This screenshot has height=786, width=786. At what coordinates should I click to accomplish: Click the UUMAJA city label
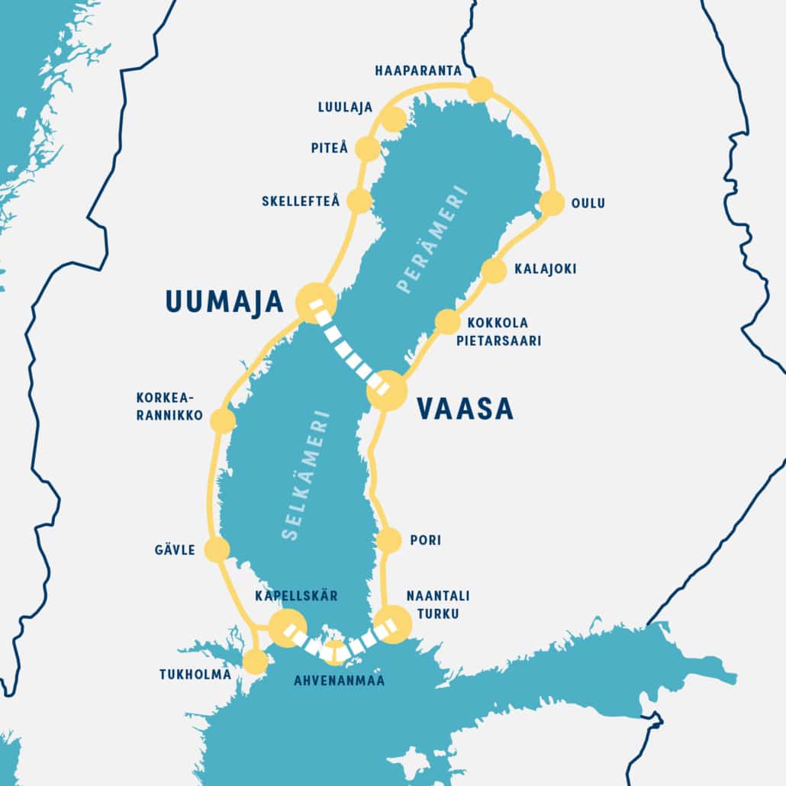point(224,301)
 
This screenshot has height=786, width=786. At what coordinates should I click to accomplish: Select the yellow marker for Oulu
point(552,203)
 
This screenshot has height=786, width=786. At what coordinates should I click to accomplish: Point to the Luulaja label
point(340,108)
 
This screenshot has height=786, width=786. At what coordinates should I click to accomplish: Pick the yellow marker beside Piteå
point(368,149)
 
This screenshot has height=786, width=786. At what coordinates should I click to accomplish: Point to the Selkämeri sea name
point(304,476)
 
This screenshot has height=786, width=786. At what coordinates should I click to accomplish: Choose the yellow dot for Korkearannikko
point(222,421)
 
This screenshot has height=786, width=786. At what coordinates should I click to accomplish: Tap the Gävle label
point(174,549)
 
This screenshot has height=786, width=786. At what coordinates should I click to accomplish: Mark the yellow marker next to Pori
point(388,540)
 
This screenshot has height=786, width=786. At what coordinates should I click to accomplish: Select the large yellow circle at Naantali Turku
point(393,624)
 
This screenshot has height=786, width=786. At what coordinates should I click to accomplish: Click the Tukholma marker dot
point(255,662)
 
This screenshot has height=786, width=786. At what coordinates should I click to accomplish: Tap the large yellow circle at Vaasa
point(387,391)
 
